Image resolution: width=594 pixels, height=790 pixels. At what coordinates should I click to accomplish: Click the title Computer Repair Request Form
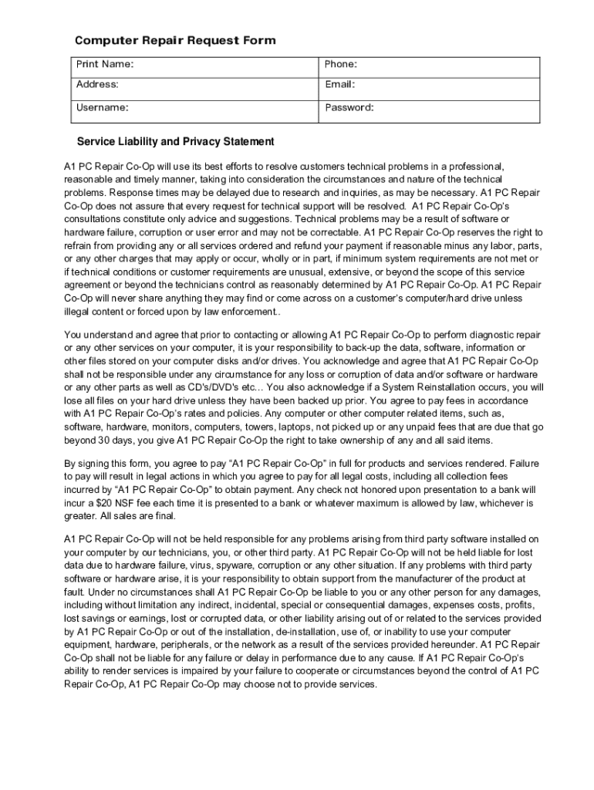coord(174,40)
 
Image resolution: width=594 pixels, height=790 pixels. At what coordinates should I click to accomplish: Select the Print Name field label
coord(104,64)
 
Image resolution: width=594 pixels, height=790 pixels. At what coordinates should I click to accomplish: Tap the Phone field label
coord(340,64)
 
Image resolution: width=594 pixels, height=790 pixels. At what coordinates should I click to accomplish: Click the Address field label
coord(97,84)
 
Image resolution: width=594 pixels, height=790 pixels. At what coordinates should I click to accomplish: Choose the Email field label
coord(339,84)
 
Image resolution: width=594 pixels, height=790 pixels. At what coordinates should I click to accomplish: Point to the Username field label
coord(102,107)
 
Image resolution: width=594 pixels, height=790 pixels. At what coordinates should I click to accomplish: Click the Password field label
coord(349,107)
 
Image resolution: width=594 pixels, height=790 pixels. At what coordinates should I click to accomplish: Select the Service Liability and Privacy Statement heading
coord(175,142)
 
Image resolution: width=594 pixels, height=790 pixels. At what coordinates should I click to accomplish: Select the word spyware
coord(247,565)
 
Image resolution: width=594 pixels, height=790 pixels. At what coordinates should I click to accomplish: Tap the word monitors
coord(159,427)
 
